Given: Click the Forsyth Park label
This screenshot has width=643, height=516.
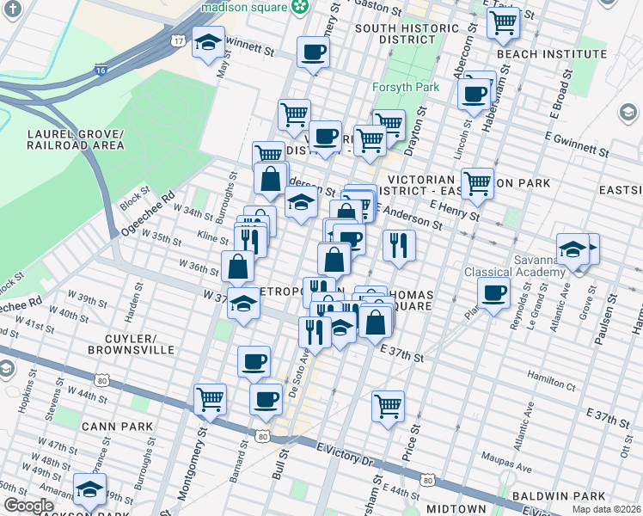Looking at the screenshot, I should click(x=406, y=87).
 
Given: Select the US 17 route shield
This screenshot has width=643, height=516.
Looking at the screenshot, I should click(x=178, y=41).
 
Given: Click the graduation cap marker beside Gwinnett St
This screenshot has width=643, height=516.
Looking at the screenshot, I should click(x=208, y=43).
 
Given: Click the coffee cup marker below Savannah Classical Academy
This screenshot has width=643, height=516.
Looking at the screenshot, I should click(x=494, y=294).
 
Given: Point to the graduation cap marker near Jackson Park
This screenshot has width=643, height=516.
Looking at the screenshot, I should click(x=89, y=488).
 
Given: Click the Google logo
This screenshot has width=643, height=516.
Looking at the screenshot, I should click(x=28, y=506).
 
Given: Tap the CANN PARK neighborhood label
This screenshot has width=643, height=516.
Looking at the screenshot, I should click(x=117, y=426).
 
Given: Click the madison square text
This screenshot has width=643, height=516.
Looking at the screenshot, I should click(x=242, y=7).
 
